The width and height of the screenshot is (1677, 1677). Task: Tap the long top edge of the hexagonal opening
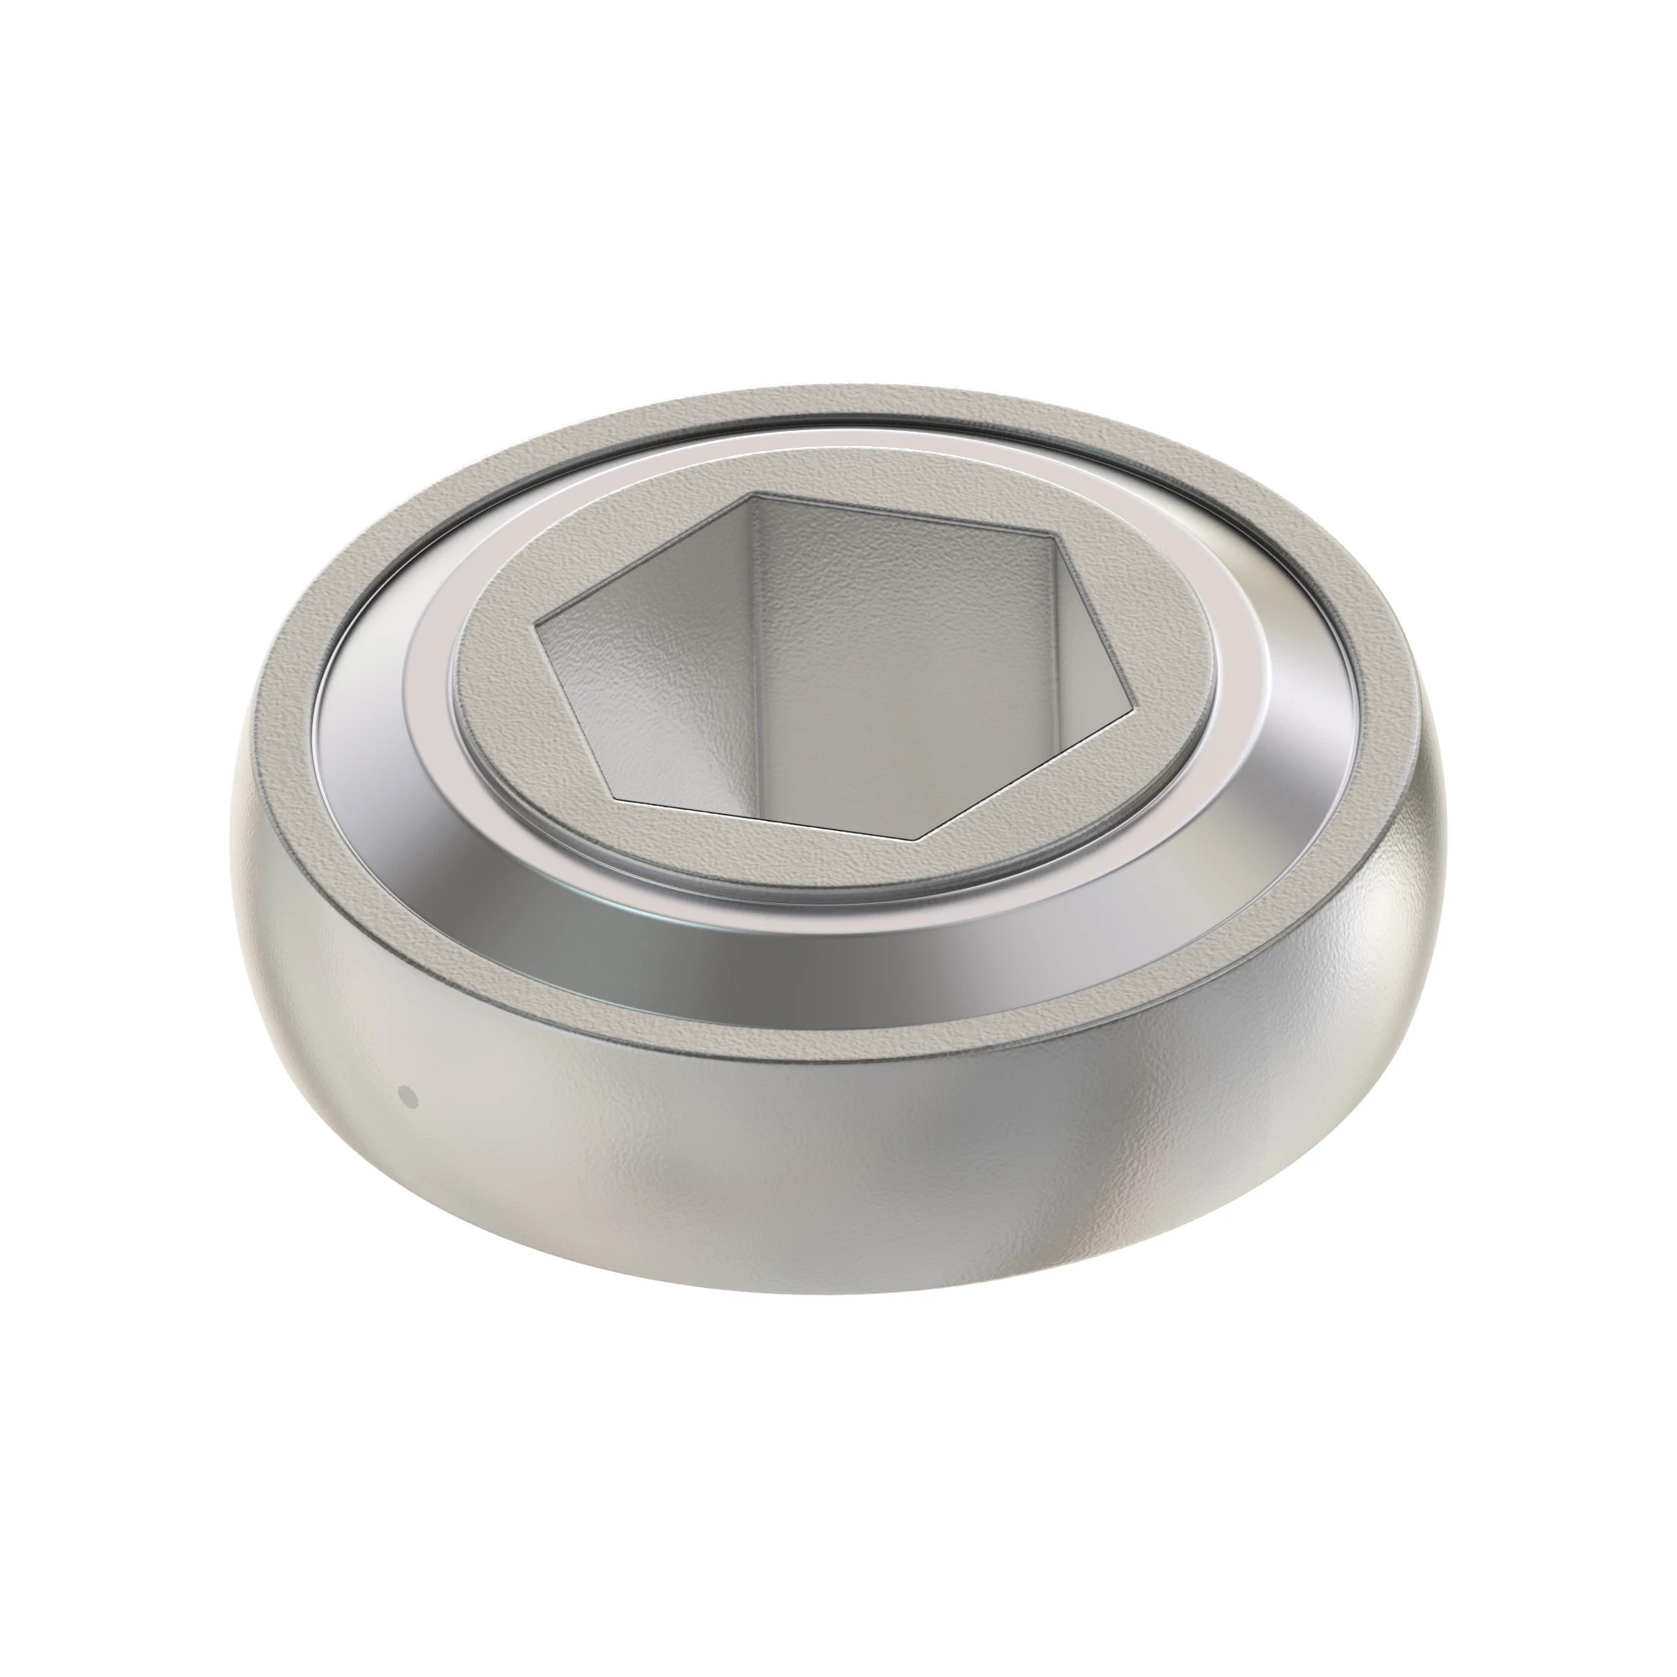(903, 515)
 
